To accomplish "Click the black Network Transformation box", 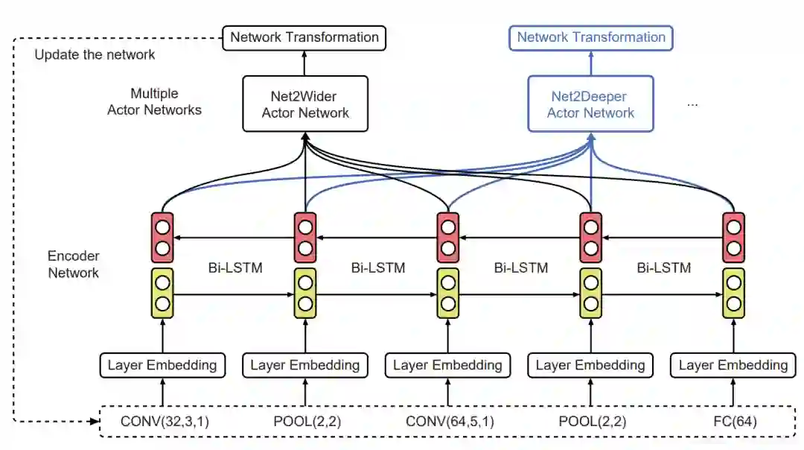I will tap(304, 37).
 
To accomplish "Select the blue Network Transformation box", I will tap(591, 37).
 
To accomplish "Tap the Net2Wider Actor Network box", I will tap(305, 104).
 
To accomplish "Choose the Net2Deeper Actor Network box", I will tap(591, 104).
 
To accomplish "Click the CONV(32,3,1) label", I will tap(165, 422).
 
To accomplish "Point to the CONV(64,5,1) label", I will tap(450, 422).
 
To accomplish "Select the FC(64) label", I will tap(734, 422).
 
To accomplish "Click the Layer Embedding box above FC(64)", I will tap(733, 365).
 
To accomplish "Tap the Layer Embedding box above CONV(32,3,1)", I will tap(162, 365).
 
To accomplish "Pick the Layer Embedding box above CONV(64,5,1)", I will tap(447, 365).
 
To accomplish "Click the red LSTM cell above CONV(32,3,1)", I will tap(162, 237).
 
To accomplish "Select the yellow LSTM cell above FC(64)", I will tap(733, 293).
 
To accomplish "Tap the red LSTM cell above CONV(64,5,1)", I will tap(447, 237).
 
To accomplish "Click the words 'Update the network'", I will tap(95, 54).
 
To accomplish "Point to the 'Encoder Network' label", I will tap(73, 264).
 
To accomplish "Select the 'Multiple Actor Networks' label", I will tap(154, 102).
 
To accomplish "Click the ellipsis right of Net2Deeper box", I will tap(692, 104).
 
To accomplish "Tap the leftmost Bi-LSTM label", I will tap(235, 267).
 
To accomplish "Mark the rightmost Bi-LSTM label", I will tap(664, 267).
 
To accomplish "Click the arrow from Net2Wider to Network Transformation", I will tap(305, 63).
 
